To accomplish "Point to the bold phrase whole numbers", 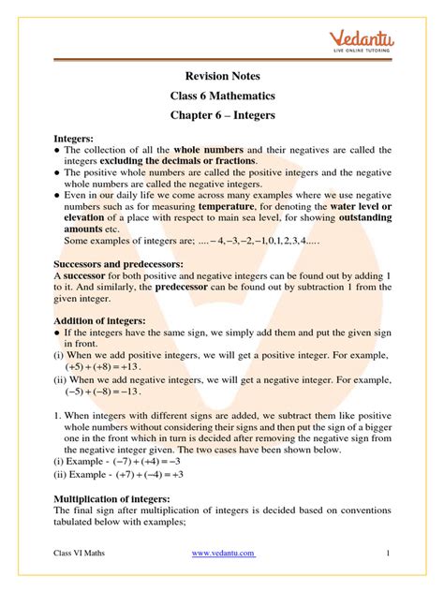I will [208, 150].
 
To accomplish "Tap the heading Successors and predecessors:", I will [118, 265].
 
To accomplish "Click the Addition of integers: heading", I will [98, 320].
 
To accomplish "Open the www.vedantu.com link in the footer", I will [223, 555].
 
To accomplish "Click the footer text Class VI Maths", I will [80, 555].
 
